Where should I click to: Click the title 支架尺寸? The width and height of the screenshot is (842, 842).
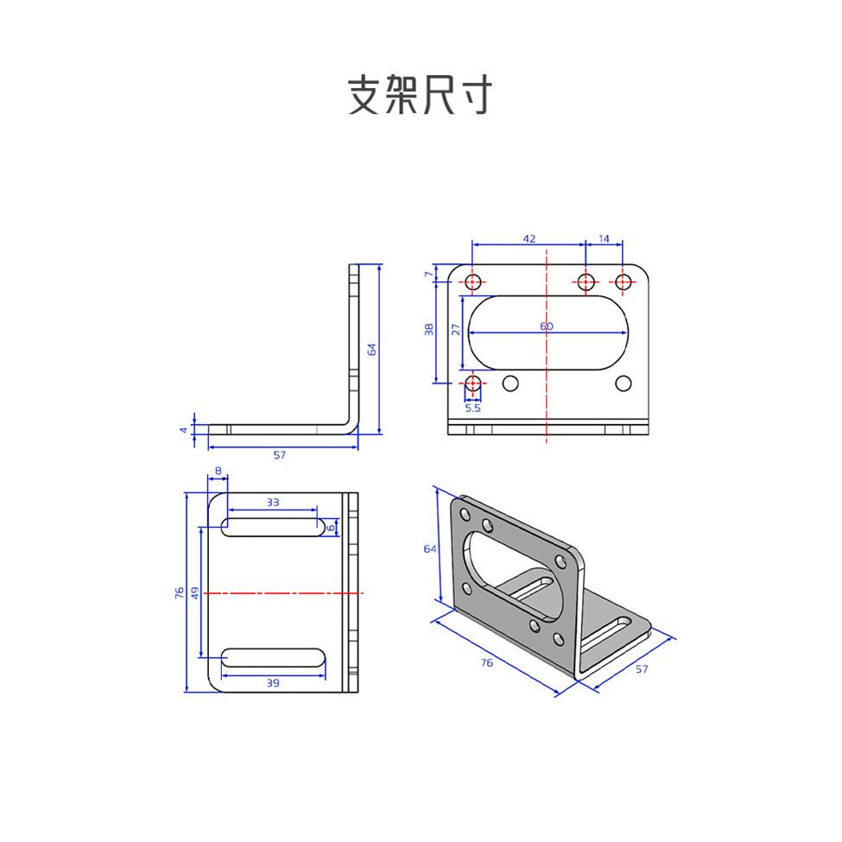pyautogui.click(x=420, y=95)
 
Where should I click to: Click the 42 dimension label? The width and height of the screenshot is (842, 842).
pyautogui.click(x=529, y=237)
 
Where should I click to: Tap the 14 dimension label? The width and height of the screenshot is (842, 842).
pyautogui.click(x=604, y=237)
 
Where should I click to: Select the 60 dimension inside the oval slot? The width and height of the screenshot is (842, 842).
pyautogui.click(x=546, y=326)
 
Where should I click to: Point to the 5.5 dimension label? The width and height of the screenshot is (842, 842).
pyautogui.click(x=472, y=408)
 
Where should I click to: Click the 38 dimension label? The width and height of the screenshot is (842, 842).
pyautogui.click(x=429, y=329)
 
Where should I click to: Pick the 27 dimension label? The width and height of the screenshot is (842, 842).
pyautogui.click(x=455, y=329)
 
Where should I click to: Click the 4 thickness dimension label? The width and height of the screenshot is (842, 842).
pyautogui.click(x=183, y=429)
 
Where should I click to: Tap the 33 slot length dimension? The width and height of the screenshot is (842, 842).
pyautogui.click(x=273, y=502)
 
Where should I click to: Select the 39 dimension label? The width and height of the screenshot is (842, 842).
pyautogui.click(x=273, y=683)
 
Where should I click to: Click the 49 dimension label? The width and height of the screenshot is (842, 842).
pyautogui.click(x=194, y=592)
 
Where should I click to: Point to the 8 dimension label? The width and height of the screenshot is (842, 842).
pyautogui.click(x=218, y=471)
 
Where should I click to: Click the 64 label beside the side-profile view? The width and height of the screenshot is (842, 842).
pyautogui.click(x=372, y=349)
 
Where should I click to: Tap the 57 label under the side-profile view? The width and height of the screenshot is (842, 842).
pyautogui.click(x=279, y=454)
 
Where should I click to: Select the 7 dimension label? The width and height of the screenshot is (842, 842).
pyautogui.click(x=428, y=274)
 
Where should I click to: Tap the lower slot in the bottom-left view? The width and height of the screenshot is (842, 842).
pyautogui.click(x=273, y=658)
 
